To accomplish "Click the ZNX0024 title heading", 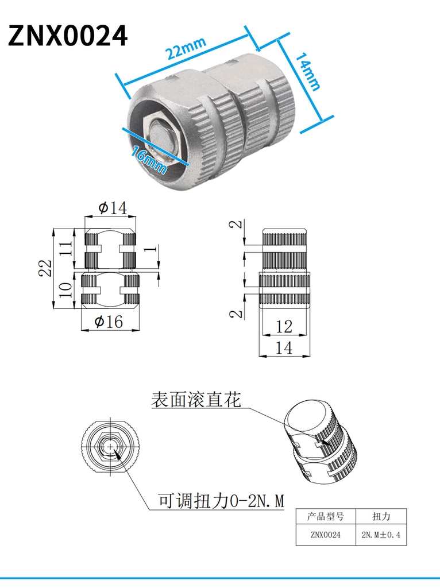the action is click(68, 36).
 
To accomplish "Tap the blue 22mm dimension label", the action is click(186, 48).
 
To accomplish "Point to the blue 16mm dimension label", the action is click(149, 160).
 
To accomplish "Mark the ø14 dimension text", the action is click(113, 207).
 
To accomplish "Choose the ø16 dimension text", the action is click(109, 322).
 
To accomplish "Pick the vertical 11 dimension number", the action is click(65, 248).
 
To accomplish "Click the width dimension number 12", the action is click(284, 327).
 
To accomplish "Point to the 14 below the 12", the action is click(284, 347).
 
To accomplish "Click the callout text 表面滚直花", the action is click(196, 400).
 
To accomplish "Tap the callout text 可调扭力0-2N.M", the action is click(221, 501).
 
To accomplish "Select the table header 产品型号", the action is click(325, 516).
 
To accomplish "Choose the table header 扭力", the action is click(381, 516).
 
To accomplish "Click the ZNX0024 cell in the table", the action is click(325, 535).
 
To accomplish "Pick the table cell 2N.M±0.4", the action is click(381, 535).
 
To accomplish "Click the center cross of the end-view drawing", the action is click(110, 447).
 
